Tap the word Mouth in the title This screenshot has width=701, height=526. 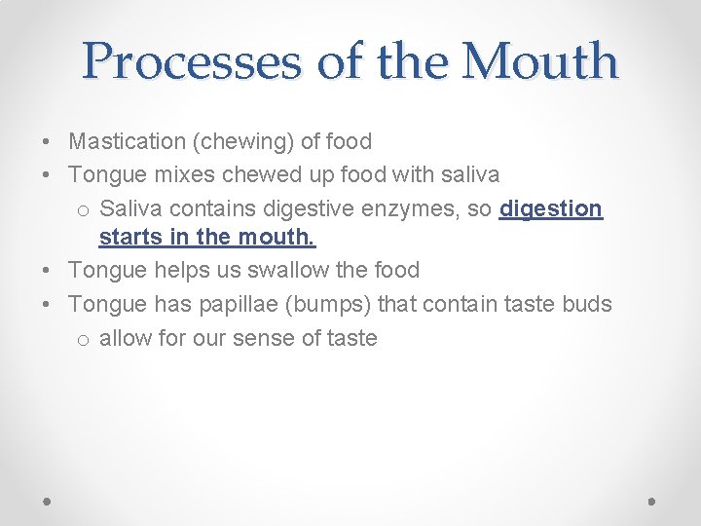click(539, 61)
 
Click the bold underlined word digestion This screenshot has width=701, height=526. click(551, 209)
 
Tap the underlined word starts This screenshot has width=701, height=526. click(128, 237)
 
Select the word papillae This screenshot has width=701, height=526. click(240, 305)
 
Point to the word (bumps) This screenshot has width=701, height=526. click(332, 305)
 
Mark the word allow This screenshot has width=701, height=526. click(126, 338)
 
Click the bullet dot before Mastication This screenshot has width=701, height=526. click(48, 142)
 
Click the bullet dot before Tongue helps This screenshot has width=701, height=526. click(48, 271)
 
